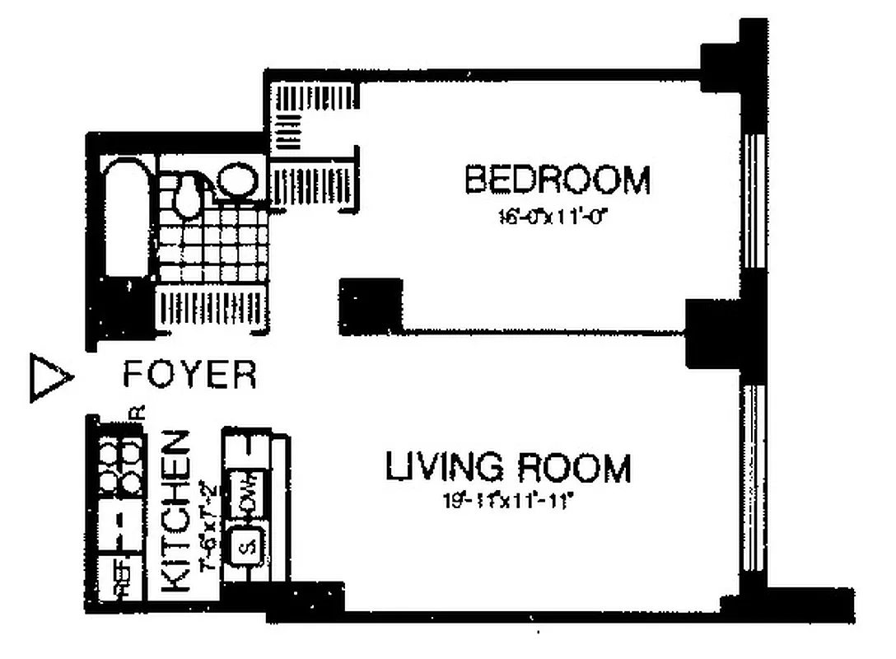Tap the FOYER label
tap(189, 375)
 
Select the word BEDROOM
tap(558, 180)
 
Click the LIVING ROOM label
tap(508, 468)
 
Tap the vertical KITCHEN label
tap(176, 511)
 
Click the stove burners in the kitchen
tap(119, 466)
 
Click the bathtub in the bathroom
tap(124, 222)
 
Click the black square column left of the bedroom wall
tap(370, 306)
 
